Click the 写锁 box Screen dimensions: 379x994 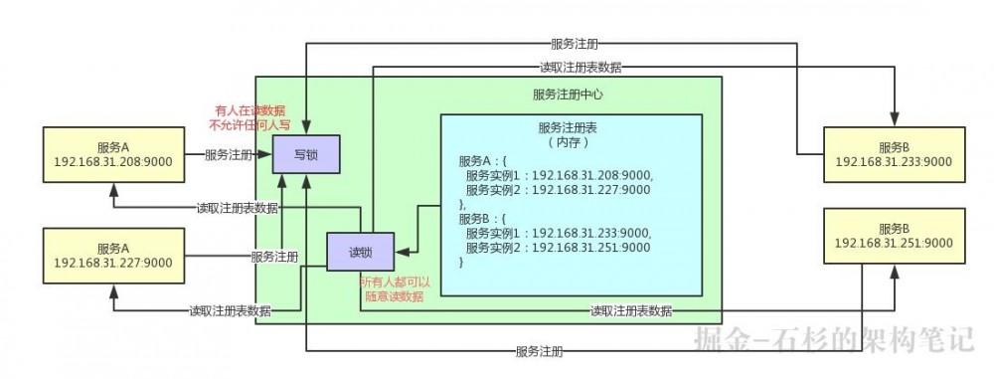(308, 154)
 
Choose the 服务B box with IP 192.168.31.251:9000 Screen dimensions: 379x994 (894, 236)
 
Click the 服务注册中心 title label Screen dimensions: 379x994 (568, 95)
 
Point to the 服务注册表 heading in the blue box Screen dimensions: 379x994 (571, 128)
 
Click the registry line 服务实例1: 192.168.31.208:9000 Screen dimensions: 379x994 (559, 174)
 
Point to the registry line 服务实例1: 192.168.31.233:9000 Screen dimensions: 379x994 (559, 233)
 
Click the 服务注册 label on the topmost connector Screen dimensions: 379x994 (575, 45)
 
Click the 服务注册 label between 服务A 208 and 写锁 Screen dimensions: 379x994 (228, 155)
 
